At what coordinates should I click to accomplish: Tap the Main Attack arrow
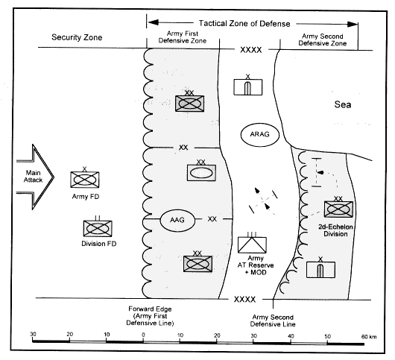pyautogui.click(x=35, y=177)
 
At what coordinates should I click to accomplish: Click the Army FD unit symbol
pyautogui.click(x=85, y=180)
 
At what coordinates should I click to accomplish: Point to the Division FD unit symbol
pyautogui.click(x=98, y=228)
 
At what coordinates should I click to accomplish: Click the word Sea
pyautogui.click(x=343, y=104)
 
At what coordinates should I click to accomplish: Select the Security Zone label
pyautogui.click(x=77, y=37)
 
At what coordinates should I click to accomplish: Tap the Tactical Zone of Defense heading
pyautogui.click(x=244, y=23)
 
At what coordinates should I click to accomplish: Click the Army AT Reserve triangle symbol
pyautogui.click(x=252, y=244)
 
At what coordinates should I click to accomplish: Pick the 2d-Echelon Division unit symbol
pyautogui.click(x=338, y=209)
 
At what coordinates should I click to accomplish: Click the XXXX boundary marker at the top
pyautogui.click(x=251, y=50)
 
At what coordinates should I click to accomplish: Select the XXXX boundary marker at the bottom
pyautogui.click(x=244, y=300)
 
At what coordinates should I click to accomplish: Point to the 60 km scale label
pyautogui.click(x=369, y=337)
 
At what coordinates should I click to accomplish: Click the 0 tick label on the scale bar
pyautogui.click(x=143, y=335)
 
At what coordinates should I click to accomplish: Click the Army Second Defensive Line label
pyautogui.click(x=273, y=320)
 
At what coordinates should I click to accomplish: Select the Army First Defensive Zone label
pyautogui.click(x=183, y=37)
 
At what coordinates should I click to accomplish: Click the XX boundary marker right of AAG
pyautogui.click(x=212, y=219)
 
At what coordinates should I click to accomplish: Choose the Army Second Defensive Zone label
pyautogui.click(x=323, y=40)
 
